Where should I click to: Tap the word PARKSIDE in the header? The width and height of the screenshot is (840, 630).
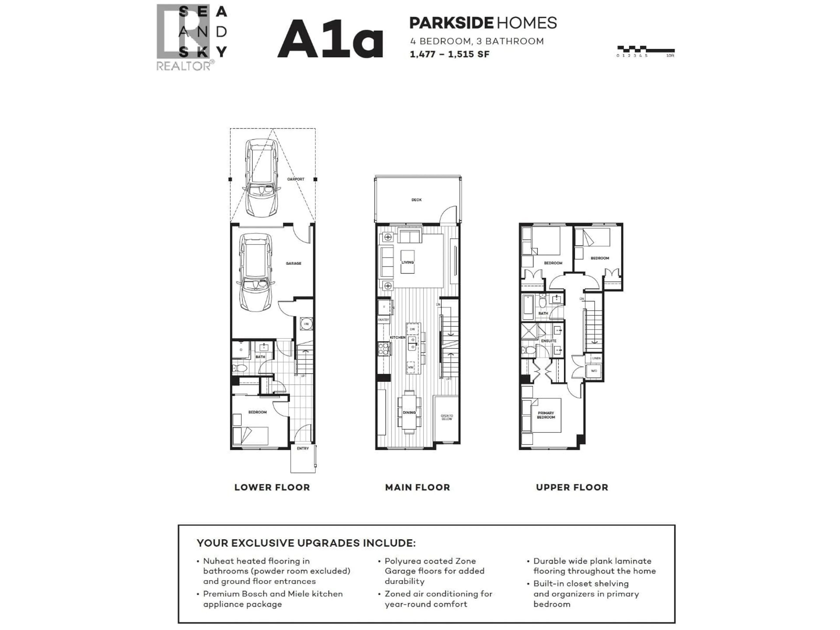click(x=451, y=23)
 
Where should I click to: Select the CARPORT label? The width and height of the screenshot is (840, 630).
click(x=296, y=179)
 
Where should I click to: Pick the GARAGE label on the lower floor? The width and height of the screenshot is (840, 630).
click(x=294, y=263)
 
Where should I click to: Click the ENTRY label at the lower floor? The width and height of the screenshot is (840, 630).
click(x=303, y=448)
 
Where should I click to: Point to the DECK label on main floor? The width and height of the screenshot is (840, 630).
click(x=416, y=200)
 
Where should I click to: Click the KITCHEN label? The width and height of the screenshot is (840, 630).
click(x=398, y=338)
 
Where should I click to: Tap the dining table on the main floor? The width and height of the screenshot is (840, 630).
click(x=409, y=412)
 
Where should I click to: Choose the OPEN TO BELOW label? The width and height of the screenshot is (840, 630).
click(x=447, y=417)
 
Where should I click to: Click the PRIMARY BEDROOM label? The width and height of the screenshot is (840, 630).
click(x=546, y=415)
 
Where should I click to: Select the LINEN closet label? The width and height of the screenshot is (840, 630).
click(x=596, y=358)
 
